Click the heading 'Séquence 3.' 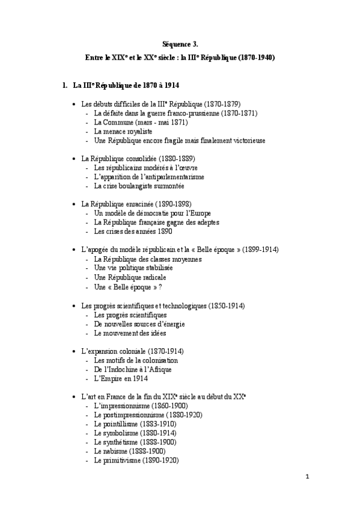coord(180,44)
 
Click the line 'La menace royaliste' coord(123,131)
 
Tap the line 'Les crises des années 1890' coord(132,231)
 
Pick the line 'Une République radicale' coord(130,277)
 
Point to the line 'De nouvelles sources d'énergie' coord(139,324)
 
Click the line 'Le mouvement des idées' coord(129,333)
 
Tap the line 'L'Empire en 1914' coord(121,378)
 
